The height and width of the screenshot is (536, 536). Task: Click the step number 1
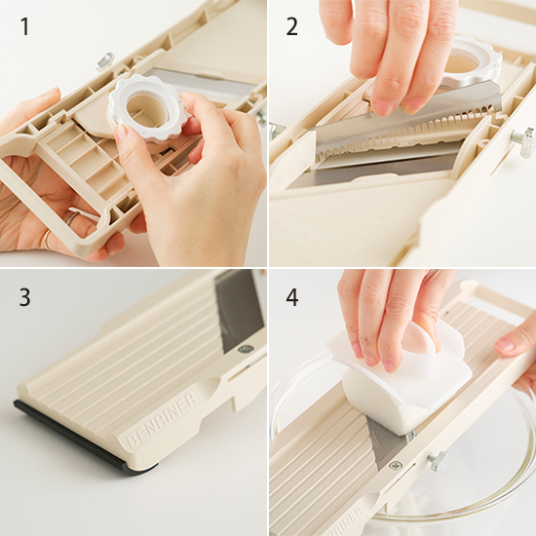point(24,26)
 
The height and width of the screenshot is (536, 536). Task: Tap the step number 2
point(291,26)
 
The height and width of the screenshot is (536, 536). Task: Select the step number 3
point(24,297)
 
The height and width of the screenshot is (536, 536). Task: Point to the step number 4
point(292,297)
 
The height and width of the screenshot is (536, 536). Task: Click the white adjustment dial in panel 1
point(148,110)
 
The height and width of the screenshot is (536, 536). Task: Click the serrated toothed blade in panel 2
point(403,134)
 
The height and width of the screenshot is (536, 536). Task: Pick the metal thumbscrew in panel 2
point(522,141)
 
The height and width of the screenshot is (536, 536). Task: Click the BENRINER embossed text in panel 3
point(162,420)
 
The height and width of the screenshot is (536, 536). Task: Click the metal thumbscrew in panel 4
point(438,461)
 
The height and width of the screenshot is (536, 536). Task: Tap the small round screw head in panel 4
point(397,465)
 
